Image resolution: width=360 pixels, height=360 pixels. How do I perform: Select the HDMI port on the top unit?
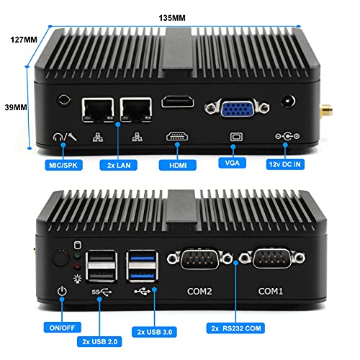tap(178, 104)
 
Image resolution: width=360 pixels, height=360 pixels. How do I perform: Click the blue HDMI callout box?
tap(177, 164)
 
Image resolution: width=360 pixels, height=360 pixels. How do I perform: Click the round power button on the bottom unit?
tap(59, 257)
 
